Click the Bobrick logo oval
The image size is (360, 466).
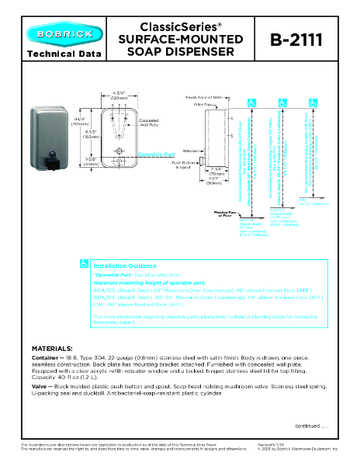click(57, 34)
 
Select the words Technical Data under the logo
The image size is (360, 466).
click(57, 54)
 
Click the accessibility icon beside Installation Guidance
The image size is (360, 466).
click(84, 265)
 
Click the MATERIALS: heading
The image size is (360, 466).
click(52, 348)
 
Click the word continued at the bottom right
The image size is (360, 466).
click(309, 426)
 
